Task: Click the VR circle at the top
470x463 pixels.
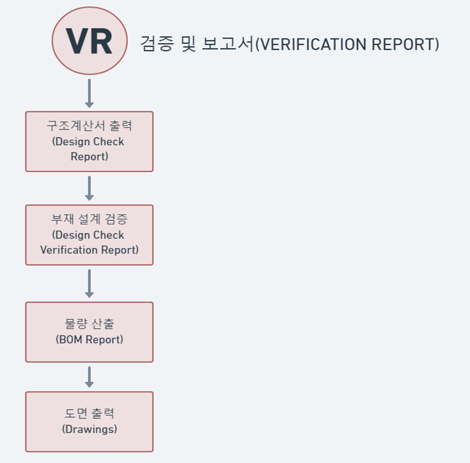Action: (89, 41)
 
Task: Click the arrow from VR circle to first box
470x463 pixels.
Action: (89, 93)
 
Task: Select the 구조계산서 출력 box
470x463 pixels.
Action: (89, 141)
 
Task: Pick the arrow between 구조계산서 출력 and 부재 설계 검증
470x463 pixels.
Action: (89, 188)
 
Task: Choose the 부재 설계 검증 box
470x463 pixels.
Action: (89, 235)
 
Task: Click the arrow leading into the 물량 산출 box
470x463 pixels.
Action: (89, 283)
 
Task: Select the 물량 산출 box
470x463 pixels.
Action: (89, 332)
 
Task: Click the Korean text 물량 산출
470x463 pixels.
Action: (89, 324)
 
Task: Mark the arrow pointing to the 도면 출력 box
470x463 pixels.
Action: (89, 377)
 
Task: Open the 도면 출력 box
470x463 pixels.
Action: (89, 421)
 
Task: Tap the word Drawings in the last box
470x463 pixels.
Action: (89, 430)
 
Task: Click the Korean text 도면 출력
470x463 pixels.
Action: (89, 414)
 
